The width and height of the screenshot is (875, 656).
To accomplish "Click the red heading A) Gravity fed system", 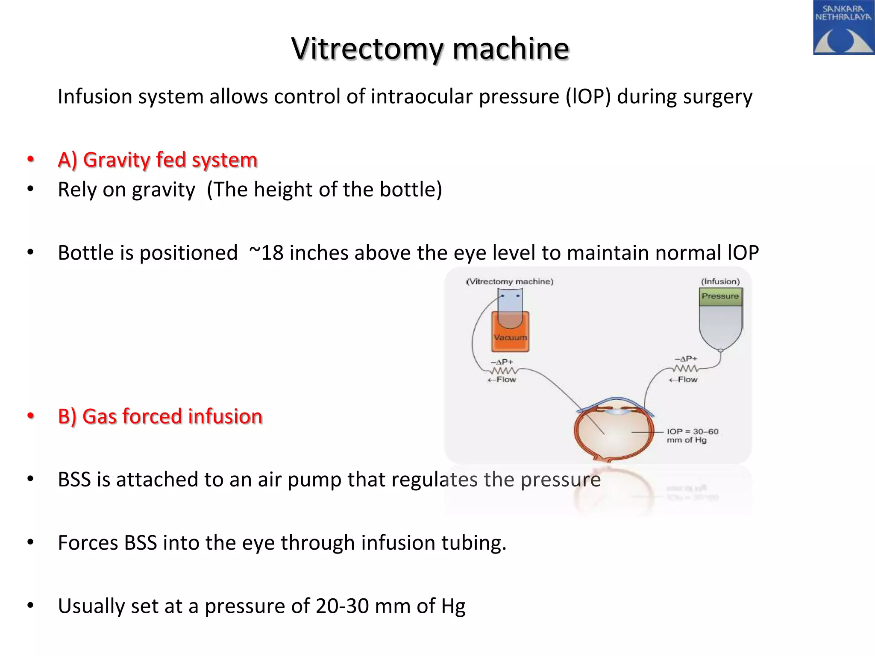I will [x=157, y=160].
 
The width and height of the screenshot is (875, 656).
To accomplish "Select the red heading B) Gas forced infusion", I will [x=160, y=416].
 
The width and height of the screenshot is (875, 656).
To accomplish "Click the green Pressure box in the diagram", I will [x=720, y=296].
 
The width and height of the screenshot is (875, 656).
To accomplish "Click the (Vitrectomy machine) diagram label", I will [x=510, y=281].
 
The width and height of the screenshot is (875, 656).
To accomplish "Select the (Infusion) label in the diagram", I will [x=720, y=281].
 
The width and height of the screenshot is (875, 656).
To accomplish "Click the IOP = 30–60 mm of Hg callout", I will [x=692, y=436].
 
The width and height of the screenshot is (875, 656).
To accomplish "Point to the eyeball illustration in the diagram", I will [x=614, y=431].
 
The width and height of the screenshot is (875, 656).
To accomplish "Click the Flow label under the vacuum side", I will [x=502, y=380].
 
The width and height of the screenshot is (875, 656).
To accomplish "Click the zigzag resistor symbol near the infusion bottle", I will [x=686, y=369].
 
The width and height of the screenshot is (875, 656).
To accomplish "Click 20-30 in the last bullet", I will [x=342, y=606].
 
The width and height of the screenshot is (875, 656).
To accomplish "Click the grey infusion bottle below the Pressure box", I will [x=720, y=327].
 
